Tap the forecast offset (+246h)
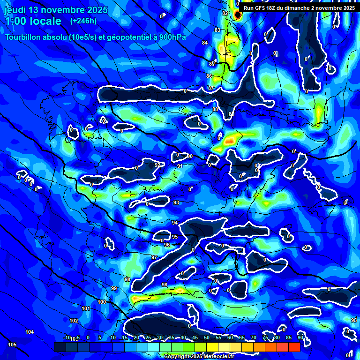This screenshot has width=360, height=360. (x=83, y=21)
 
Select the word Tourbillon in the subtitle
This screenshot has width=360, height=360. (x=24, y=37)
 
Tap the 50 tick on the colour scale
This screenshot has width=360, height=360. (x=206, y=338)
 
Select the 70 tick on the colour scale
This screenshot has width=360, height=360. (x=253, y=338)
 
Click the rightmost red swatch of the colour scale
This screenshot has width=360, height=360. (x=294, y=347)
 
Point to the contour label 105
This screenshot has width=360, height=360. (x=12, y=345)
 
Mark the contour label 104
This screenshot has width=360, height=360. (x=30, y=332)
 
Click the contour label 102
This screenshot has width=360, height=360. (x=74, y=321)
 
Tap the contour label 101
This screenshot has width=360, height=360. (x=86, y=308)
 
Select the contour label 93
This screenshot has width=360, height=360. (x=176, y=202)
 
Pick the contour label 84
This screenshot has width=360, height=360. (x=204, y=43)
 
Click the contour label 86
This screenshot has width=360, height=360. (x=209, y=76)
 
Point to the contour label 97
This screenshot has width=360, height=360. (x=154, y=257)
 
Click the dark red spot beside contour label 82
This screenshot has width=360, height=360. (x=237, y=15)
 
